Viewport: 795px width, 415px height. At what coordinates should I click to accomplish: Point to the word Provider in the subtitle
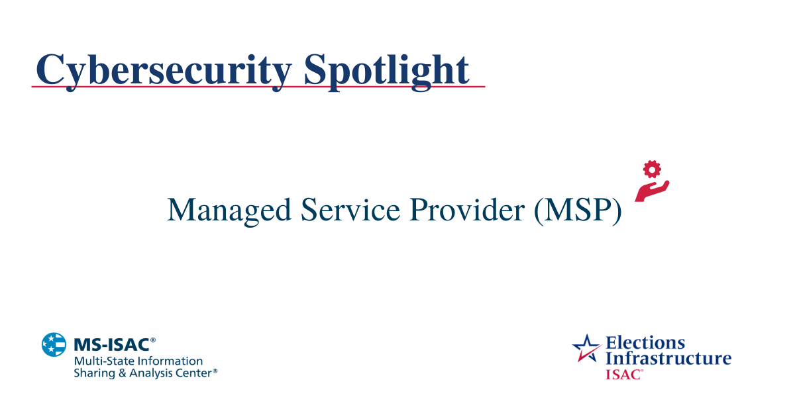(467, 210)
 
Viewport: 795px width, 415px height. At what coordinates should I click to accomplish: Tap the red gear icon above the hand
(653, 169)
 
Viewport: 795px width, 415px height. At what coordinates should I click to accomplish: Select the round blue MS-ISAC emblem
(54, 345)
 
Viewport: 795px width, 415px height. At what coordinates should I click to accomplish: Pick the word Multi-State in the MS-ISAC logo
(99, 361)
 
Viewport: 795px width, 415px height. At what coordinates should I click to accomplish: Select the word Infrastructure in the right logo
(668, 358)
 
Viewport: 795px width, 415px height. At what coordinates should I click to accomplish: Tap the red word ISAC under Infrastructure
(622, 374)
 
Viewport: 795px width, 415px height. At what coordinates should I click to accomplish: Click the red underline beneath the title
(258, 87)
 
